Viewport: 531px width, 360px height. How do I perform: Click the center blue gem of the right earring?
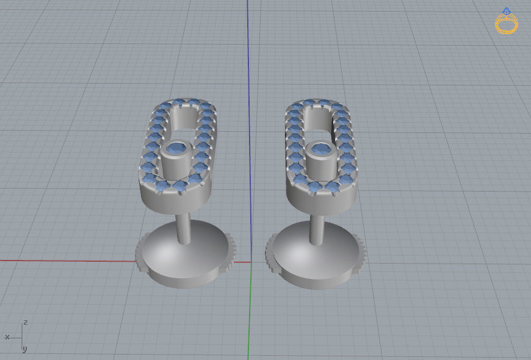click(319, 148)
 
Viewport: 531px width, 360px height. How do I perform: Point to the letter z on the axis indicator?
click(25, 322)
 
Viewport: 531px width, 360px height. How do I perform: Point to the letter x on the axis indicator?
click(7, 336)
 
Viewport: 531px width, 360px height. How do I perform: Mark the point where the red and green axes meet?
click(251, 262)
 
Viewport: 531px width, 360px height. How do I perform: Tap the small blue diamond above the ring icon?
click(506, 10)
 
